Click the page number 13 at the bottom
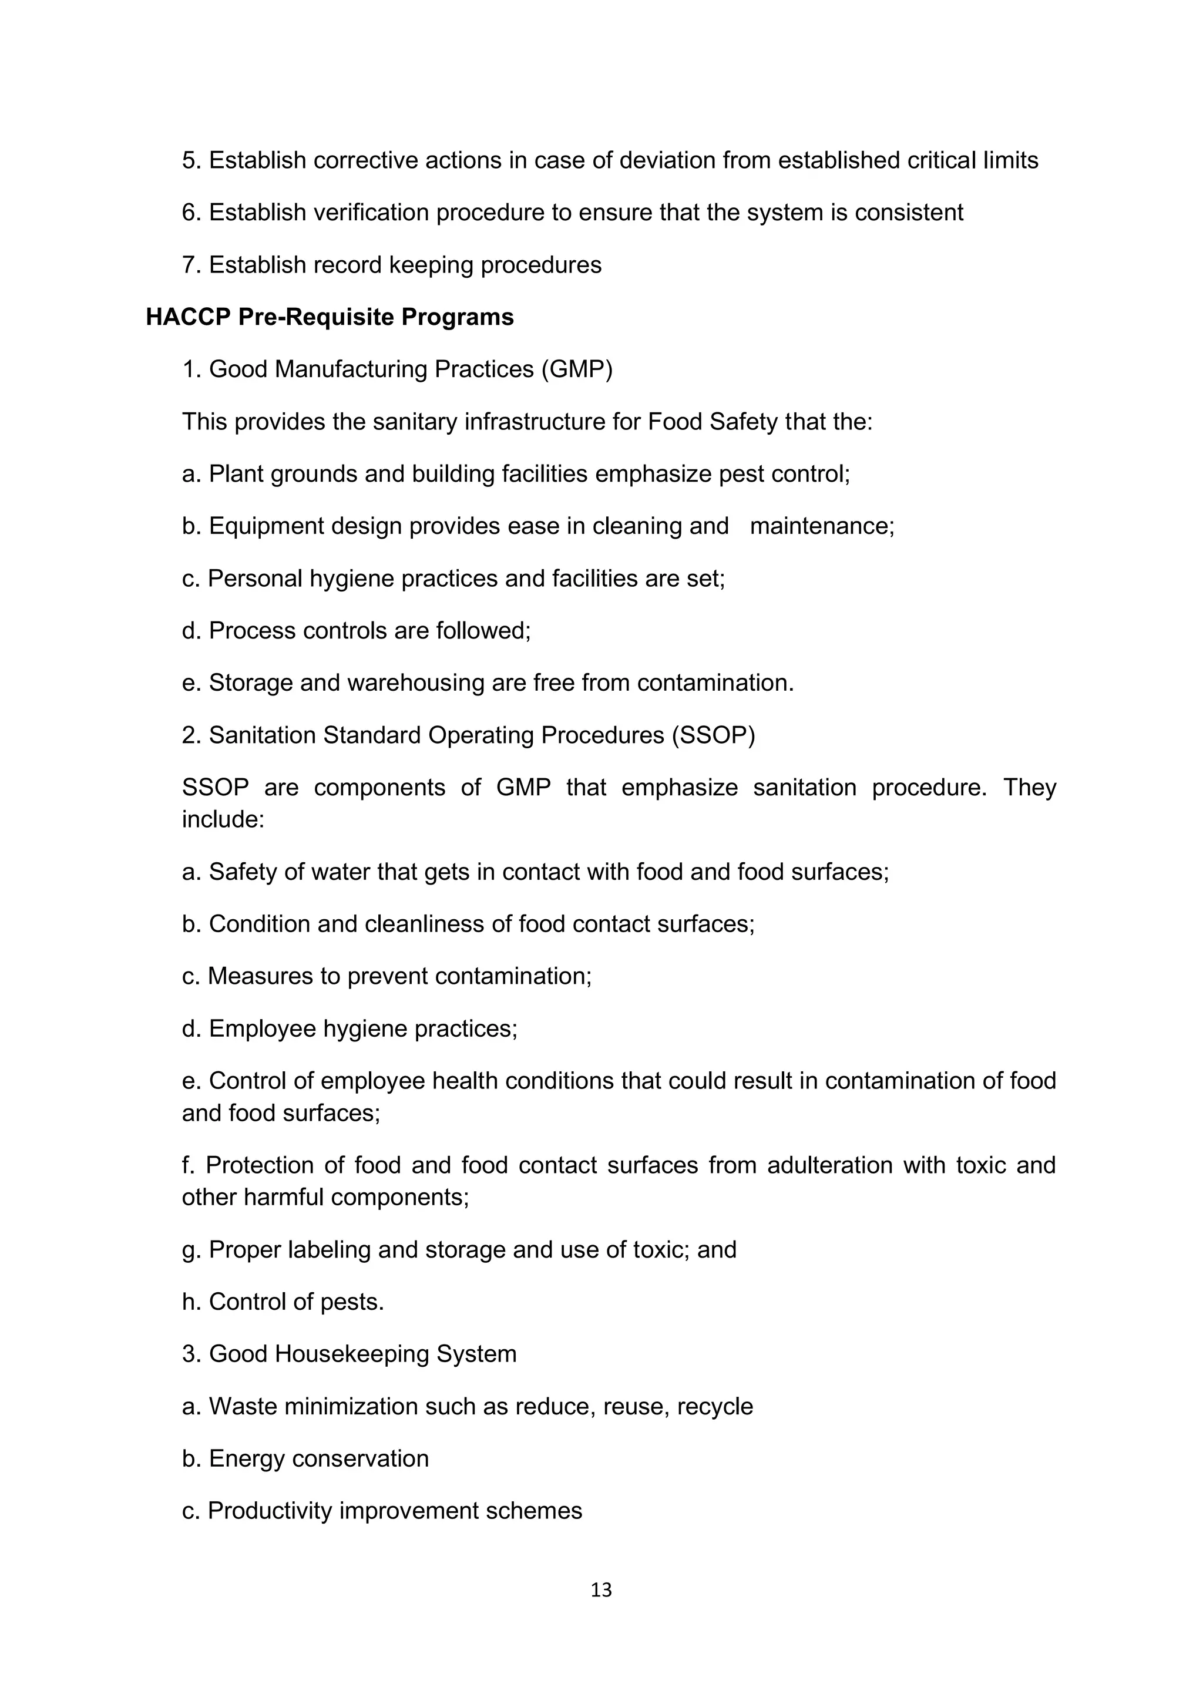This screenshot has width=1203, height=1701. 601,1589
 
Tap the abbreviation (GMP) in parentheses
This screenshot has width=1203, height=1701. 576,369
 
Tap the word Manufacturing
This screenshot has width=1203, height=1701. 351,369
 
